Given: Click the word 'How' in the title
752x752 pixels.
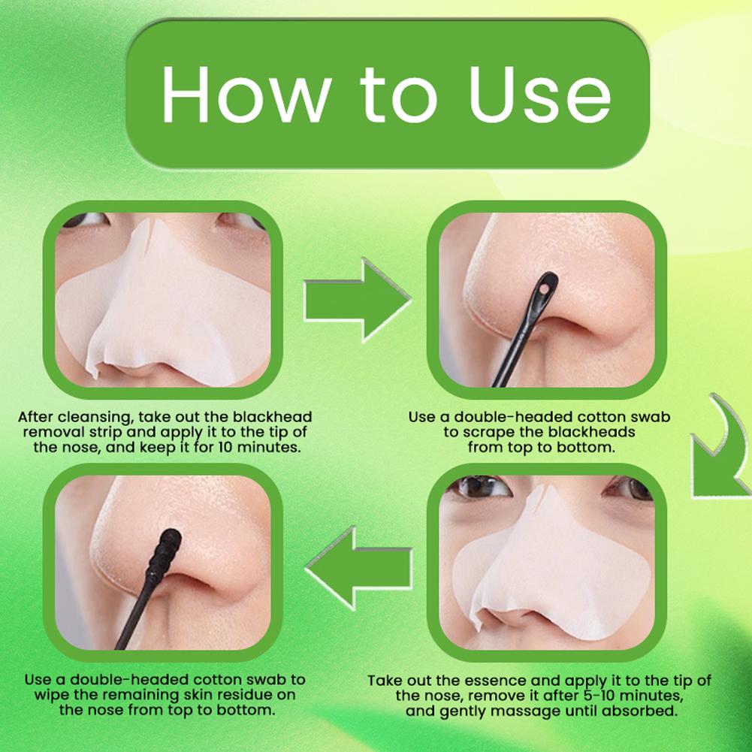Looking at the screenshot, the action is click(x=246, y=95).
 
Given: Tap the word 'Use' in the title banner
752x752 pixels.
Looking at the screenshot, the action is click(x=540, y=95).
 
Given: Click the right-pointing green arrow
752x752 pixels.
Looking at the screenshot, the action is click(x=358, y=300).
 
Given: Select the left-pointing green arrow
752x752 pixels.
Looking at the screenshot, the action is click(x=359, y=568).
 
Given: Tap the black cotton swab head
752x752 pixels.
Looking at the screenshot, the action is click(x=164, y=554).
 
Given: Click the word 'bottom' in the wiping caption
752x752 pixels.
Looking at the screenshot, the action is click(x=247, y=710).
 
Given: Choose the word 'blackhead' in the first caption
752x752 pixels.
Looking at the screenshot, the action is click(x=273, y=417).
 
